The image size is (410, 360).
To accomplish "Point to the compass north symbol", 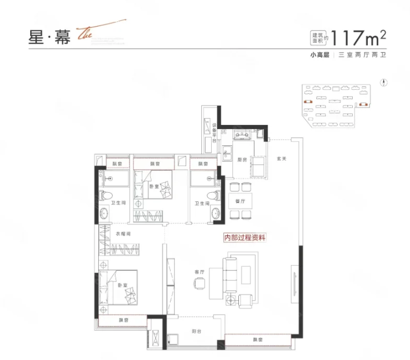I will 383,83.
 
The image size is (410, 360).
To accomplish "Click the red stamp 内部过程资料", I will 245,237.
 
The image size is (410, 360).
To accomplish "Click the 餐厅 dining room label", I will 241,201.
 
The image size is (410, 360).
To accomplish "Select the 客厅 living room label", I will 200,271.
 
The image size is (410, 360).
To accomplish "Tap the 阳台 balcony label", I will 196,332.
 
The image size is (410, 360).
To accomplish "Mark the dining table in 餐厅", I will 241,200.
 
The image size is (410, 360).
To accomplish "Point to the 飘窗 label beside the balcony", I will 258,340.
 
